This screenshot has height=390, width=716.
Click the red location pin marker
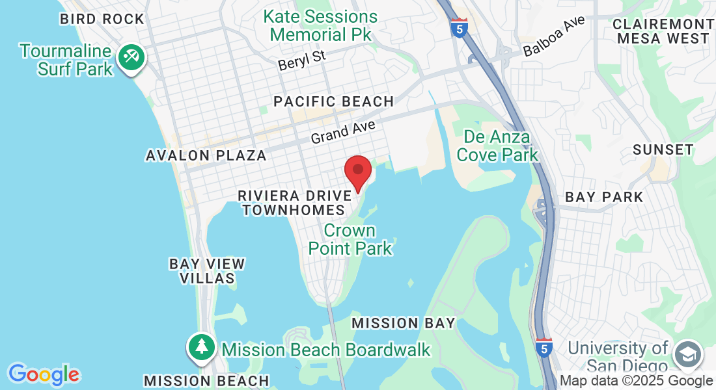click(357, 170)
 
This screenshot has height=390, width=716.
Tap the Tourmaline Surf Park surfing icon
click(131, 57)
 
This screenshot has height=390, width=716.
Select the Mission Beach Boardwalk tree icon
click(202, 346)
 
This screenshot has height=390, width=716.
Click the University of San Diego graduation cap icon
click(688, 354)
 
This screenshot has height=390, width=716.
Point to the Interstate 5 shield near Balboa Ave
click(460, 28)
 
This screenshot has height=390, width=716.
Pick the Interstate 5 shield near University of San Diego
click(544, 348)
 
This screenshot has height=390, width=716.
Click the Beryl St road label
click(301, 60)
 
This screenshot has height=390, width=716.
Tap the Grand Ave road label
click(343, 133)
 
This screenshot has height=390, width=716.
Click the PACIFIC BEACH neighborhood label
click(334, 101)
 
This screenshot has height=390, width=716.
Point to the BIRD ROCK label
click(102, 19)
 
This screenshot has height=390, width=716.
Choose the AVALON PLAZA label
click(206, 155)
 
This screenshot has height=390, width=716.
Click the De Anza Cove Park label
click(497, 146)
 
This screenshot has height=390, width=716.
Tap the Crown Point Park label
click(350, 239)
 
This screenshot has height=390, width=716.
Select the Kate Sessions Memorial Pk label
click(320, 25)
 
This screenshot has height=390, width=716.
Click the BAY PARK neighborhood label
click(604, 196)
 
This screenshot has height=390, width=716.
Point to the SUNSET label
click(663, 149)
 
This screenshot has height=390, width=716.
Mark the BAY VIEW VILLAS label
click(207, 270)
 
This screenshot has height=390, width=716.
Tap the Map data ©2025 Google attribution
click(636, 381)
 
